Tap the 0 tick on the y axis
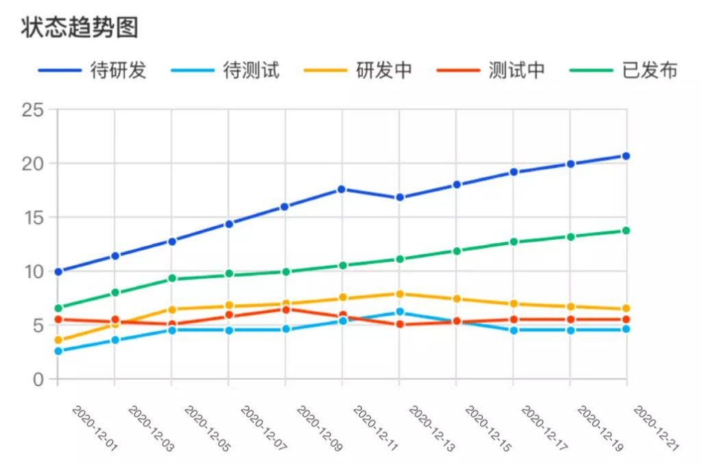37,379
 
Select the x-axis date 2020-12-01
95,428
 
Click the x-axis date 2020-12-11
377,428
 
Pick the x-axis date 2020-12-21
656,428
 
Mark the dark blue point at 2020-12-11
342,189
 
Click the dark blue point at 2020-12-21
626,156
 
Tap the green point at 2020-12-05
172,278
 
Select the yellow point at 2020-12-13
399,294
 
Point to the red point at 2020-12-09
285,309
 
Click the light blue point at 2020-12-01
58,351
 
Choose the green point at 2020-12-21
626,231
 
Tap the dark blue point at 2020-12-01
58,272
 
